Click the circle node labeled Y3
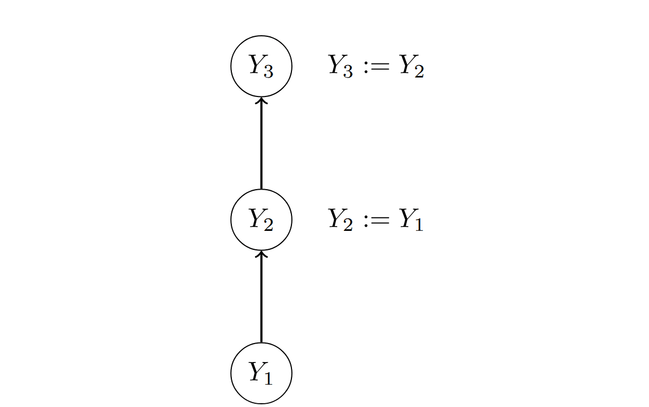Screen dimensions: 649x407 (x=262, y=66)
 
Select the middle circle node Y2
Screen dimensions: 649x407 (x=262, y=219)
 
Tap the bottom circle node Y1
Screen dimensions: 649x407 (x=262, y=373)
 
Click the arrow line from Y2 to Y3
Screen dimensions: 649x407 (x=262, y=144)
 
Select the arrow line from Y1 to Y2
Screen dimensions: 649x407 (x=262, y=297)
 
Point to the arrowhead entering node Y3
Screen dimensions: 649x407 (x=262, y=100)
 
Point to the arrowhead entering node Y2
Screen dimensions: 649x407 (x=262, y=254)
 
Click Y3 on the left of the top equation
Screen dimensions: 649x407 (x=341, y=67)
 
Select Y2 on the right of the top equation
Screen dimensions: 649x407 (x=411, y=67)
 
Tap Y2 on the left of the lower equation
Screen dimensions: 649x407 (x=341, y=220)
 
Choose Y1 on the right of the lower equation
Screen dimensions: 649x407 (x=411, y=220)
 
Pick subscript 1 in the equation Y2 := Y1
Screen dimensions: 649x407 (x=418, y=225)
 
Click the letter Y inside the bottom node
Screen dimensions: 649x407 (x=256, y=371)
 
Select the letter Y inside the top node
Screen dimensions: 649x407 (x=256, y=64)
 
